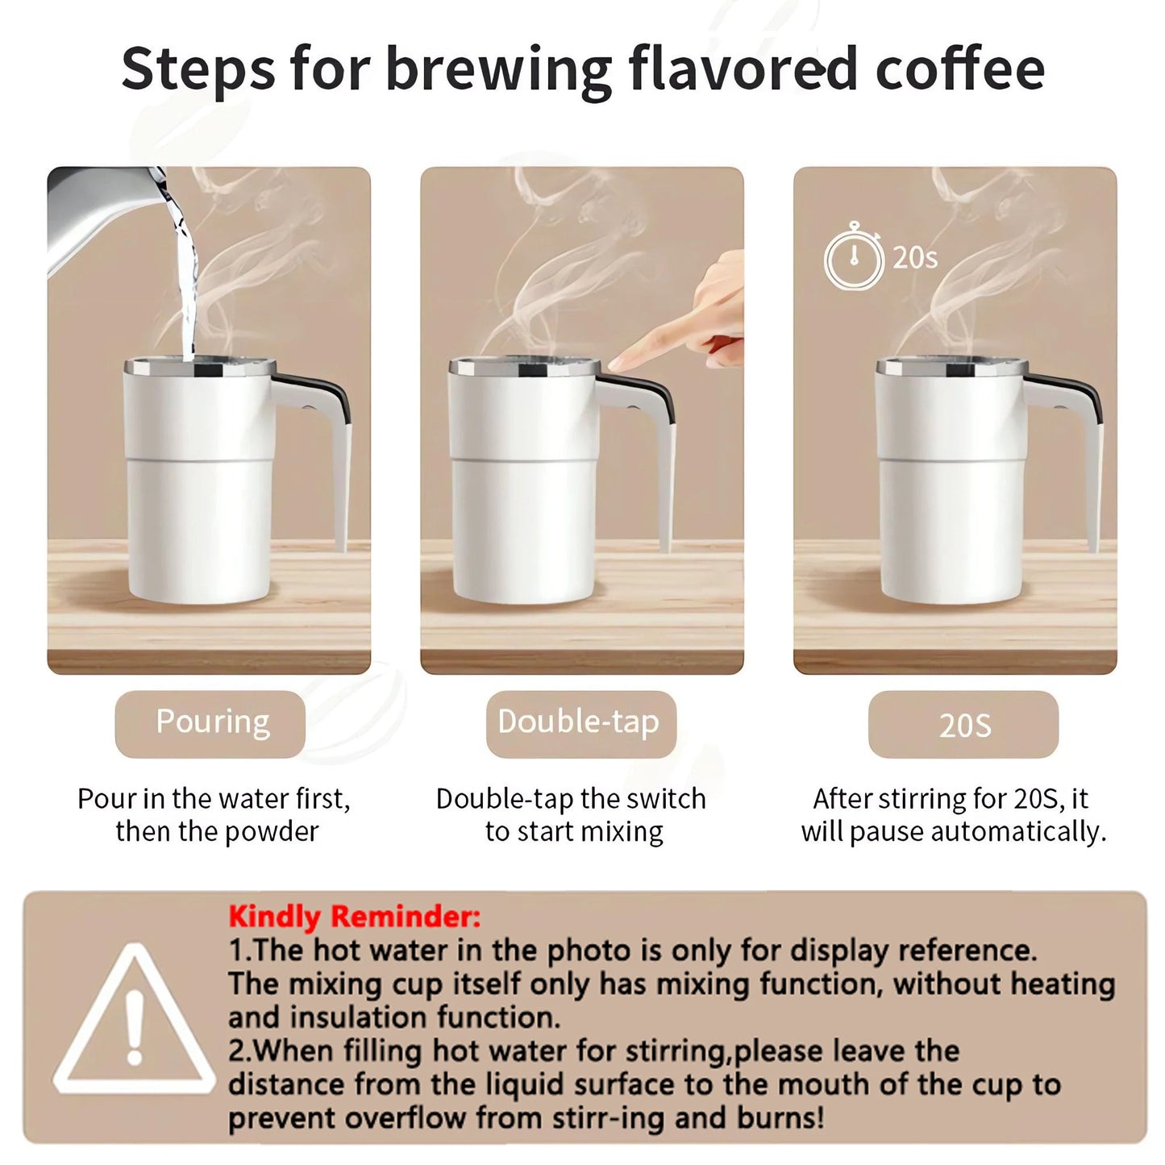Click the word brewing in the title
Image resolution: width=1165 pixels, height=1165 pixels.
(498, 71)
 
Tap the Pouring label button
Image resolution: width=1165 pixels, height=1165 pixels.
(210, 723)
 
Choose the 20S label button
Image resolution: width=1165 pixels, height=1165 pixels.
(963, 725)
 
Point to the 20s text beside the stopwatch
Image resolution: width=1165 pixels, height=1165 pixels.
(915, 258)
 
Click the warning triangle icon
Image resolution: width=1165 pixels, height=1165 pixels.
(134, 1021)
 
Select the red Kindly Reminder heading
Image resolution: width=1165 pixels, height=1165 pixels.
(354, 917)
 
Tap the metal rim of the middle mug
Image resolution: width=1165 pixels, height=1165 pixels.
(524, 368)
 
